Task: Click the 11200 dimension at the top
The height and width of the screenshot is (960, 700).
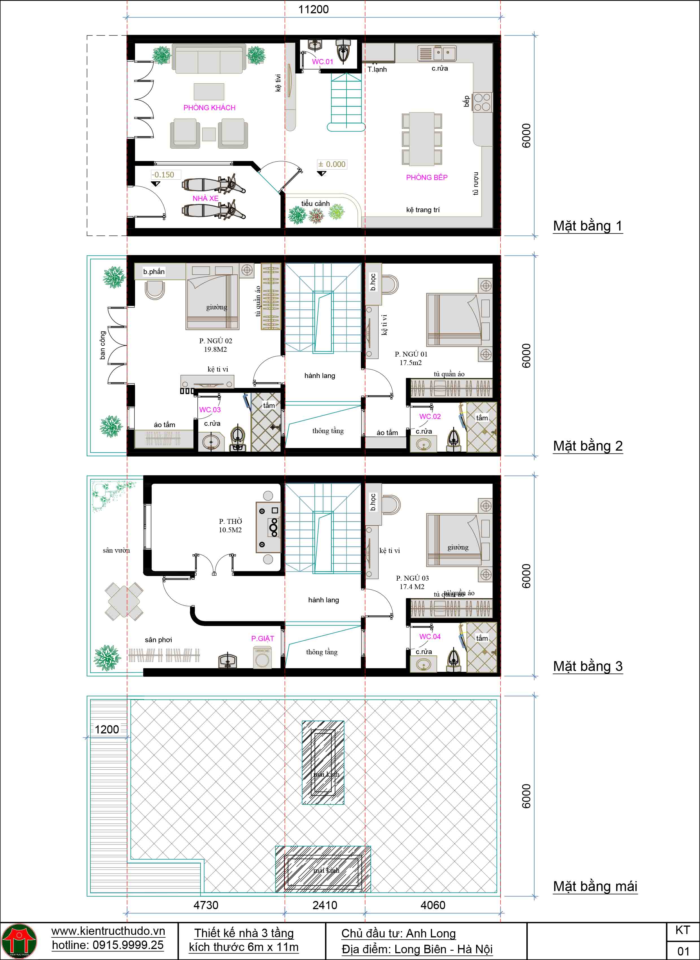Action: point(313,9)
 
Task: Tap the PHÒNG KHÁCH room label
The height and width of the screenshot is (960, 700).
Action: point(209,108)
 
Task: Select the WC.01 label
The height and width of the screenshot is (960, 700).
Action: point(322,62)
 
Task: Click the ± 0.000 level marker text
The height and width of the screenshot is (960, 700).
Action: point(332,164)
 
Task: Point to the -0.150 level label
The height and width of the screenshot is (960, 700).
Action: point(163,175)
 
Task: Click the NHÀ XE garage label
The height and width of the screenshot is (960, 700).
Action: point(206,198)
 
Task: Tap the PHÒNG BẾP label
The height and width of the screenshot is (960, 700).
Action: point(427,178)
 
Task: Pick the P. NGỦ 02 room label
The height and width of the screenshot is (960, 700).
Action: point(216,341)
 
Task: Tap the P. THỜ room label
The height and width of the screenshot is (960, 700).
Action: point(230,521)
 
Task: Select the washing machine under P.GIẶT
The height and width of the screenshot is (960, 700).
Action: point(262,658)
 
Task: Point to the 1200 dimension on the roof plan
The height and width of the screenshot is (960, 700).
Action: point(107,729)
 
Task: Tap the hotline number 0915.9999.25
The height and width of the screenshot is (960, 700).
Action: point(108,945)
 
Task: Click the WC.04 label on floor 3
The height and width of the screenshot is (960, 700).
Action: point(430,637)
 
